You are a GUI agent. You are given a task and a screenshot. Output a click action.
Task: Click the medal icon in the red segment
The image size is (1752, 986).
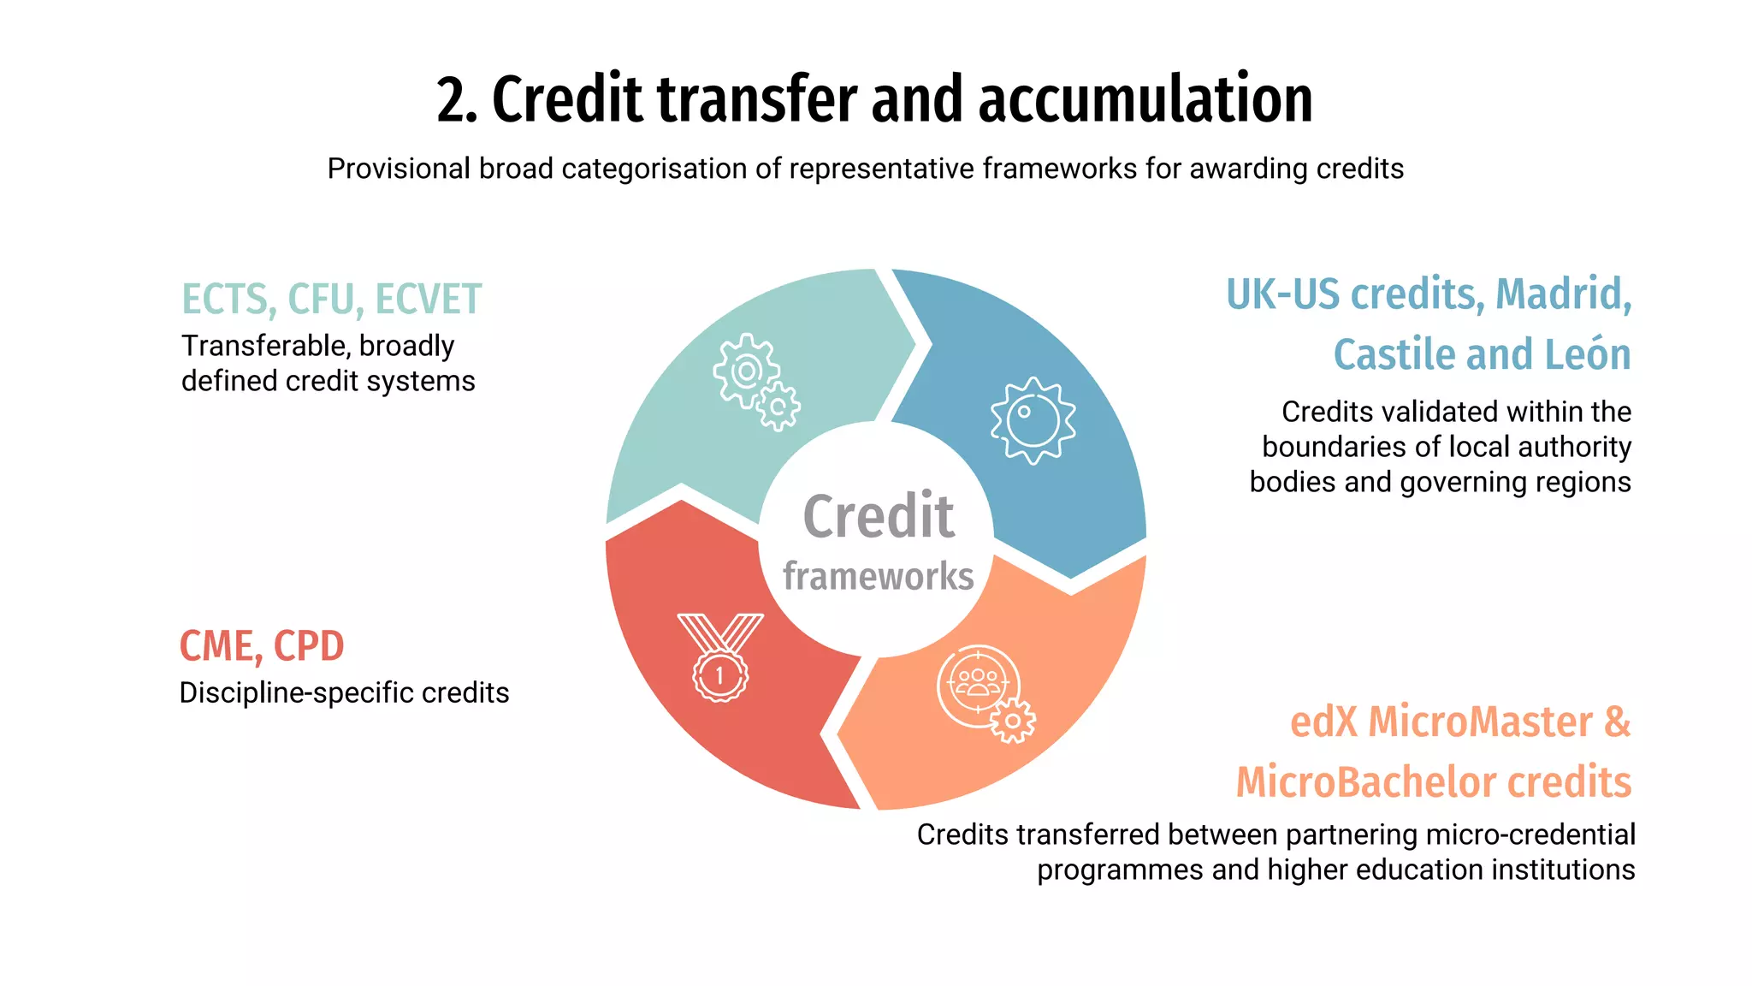pos(720,657)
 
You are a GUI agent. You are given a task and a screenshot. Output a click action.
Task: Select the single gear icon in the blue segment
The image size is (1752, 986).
pos(1033,420)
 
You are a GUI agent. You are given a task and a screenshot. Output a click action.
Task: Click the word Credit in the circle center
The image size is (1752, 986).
pos(878,516)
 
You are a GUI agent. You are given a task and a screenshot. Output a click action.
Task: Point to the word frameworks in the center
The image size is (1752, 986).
pos(878,576)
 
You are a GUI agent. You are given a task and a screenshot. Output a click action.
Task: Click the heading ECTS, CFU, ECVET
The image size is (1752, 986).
pos(331,299)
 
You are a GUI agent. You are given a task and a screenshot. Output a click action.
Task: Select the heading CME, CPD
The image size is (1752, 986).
pos(261,645)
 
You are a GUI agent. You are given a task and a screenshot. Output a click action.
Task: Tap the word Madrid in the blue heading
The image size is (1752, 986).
pos(1562,294)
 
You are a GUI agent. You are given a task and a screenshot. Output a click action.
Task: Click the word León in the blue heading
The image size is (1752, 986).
pos(1589,353)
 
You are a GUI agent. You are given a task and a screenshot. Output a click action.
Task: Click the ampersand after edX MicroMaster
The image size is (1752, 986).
pos(1617,721)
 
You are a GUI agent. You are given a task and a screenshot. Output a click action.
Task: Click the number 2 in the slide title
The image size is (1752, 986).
pos(451,100)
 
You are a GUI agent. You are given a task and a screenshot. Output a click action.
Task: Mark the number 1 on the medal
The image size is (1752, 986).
pos(719,676)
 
